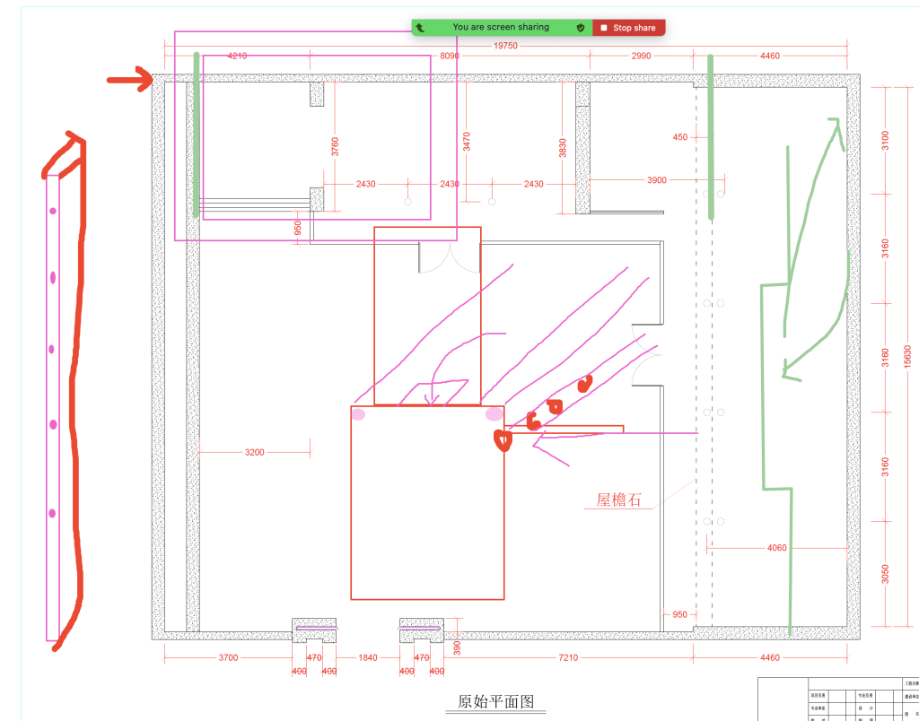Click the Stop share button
coord(628,28)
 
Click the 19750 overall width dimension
coord(505,46)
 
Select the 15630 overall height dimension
coord(907,356)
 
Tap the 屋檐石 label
coord(619,500)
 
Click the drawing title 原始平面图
coord(495,701)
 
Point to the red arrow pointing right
coord(131,80)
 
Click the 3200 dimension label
coord(255,453)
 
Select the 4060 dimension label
coord(777,548)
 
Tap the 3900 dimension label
coord(657,180)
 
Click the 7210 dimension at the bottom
coord(568,658)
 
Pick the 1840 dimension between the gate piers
coord(368,658)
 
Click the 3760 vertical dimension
coord(335,146)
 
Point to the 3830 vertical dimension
coord(563,148)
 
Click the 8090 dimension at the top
coord(450,56)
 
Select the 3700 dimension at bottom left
coord(228,658)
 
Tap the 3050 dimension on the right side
coord(885,573)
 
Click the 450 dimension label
coord(679,137)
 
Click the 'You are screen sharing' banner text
coord(500,28)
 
